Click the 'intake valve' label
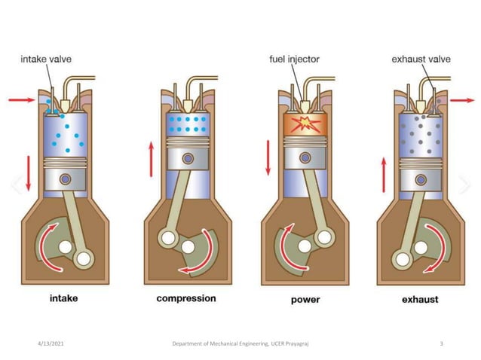pyautogui.click(x=47, y=59)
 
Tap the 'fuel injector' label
pyautogui.click(x=293, y=59)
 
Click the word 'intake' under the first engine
pyautogui.click(x=63, y=298)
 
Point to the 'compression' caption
pyautogui.click(x=186, y=298)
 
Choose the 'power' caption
pyautogui.click(x=305, y=299)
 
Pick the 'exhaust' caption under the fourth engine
pyautogui.click(x=421, y=299)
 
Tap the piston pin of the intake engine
pyautogui.click(x=66, y=179)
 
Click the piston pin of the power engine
pyautogui.click(x=305, y=157)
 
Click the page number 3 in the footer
pyautogui.click(x=441, y=343)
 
